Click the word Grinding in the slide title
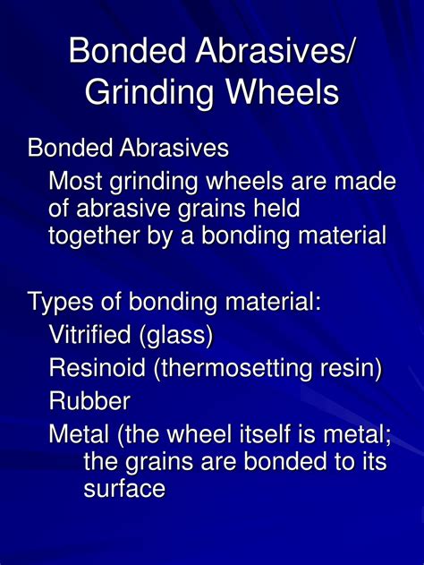[x=149, y=92]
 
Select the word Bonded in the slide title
[x=128, y=49]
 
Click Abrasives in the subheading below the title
[x=174, y=148]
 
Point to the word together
[x=94, y=236]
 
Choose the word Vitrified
[x=89, y=334]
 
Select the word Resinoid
[x=97, y=367]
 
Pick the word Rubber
[x=89, y=400]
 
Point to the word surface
[x=124, y=489]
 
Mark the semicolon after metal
[x=387, y=437]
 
